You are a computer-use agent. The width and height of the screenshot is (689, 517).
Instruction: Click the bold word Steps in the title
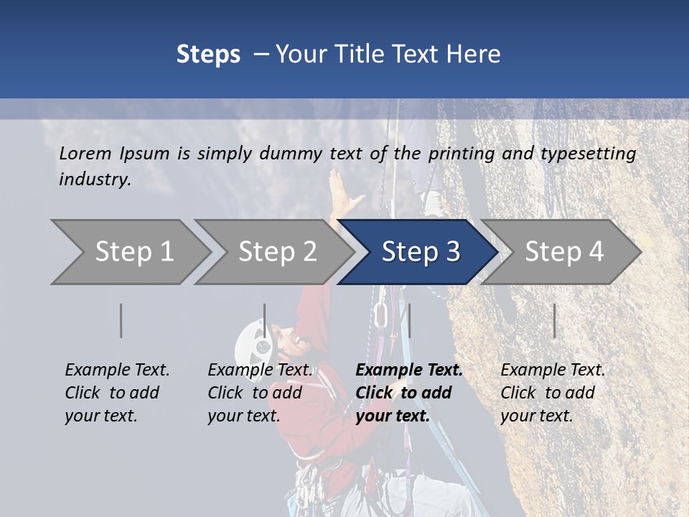tap(208, 55)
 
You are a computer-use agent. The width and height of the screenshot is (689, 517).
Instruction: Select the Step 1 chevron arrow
tap(129, 252)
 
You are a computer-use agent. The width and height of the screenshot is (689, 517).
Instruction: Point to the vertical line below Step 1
tap(121, 320)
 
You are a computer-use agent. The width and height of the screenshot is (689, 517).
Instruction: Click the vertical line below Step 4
tap(554, 320)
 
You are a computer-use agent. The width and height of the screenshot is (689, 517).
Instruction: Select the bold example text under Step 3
tap(408, 393)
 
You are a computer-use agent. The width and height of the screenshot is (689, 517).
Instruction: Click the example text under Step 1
tap(116, 393)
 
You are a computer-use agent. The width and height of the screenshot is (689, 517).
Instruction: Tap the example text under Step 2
tap(259, 393)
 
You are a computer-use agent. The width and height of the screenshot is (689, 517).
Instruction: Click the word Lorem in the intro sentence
tap(85, 153)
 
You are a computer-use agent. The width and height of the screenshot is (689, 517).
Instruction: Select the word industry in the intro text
tap(94, 179)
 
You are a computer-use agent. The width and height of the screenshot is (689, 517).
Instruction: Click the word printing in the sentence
tap(457, 154)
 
